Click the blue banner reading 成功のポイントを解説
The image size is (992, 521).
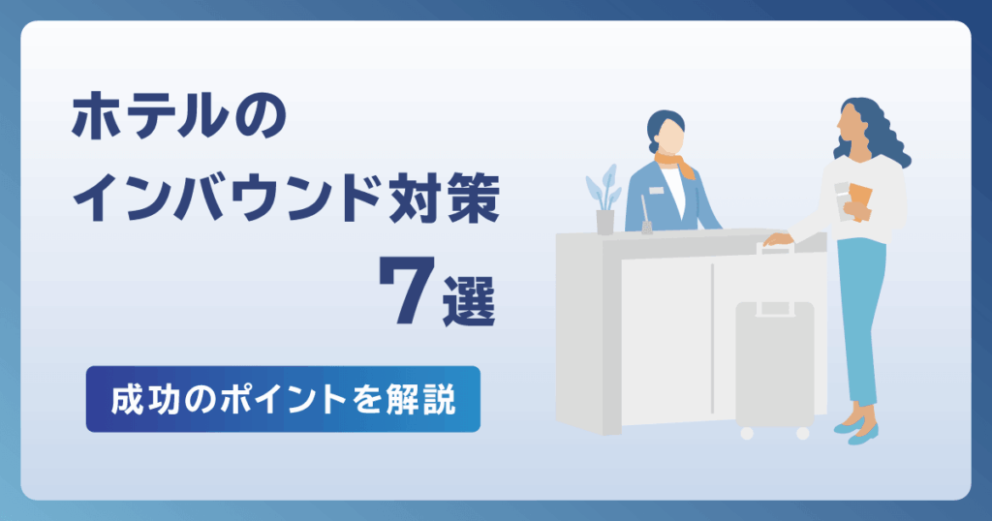click(x=283, y=399)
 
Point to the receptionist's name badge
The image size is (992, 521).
click(x=656, y=190)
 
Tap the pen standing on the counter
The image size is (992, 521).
click(x=645, y=214)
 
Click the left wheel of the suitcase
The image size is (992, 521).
click(x=747, y=434)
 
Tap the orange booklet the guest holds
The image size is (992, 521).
click(x=859, y=201)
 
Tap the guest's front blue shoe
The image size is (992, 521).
click(x=863, y=436)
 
